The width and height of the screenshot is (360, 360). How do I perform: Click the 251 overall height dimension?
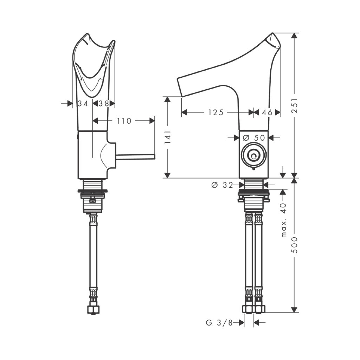click(x=295, y=105)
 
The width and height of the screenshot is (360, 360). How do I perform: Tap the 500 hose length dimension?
click(x=295, y=245)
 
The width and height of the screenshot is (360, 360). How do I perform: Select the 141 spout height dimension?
click(x=168, y=137)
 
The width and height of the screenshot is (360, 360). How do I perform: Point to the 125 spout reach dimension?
click(x=216, y=112)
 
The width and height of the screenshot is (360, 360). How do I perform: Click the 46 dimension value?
click(x=267, y=112)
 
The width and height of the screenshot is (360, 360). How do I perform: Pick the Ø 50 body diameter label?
click(x=254, y=138)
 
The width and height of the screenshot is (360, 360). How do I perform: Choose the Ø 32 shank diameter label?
click(x=222, y=185)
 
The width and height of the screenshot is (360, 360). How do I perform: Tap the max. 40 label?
click(x=284, y=220)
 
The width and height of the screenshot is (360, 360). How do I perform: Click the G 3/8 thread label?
click(x=219, y=323)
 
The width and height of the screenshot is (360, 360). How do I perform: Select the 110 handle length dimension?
click(x=124, y=121)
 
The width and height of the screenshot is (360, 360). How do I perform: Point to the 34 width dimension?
click(x=83, y=104)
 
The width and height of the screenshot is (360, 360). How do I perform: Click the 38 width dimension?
click(x=104, y=104)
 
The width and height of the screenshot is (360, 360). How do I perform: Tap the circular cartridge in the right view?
click(x=254, y=155)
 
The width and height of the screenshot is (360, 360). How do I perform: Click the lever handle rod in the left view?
click(x=135, y=156)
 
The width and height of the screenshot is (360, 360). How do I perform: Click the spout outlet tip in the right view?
click(x=179, y=88)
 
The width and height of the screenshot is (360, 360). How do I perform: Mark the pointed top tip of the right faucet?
click(x=272, y=33)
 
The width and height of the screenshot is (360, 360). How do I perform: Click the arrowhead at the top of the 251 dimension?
click(x=295, y=36)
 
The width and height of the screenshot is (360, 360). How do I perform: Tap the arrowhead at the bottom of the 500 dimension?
click(x=295, y=309)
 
